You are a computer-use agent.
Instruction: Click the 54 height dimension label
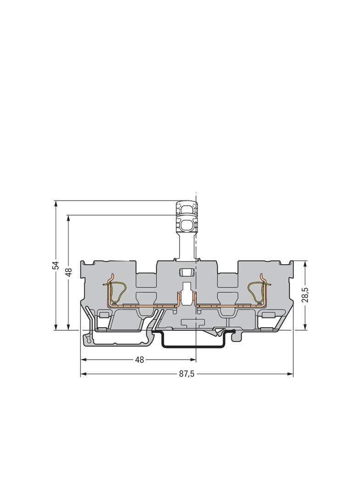tap(56, 265)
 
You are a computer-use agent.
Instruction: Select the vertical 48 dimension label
tap(69, 272)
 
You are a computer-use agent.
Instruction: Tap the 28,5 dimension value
tap(305, 295)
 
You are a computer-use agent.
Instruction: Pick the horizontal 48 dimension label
tap(140, 360)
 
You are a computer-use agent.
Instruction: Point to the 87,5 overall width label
tap(187, 374)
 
